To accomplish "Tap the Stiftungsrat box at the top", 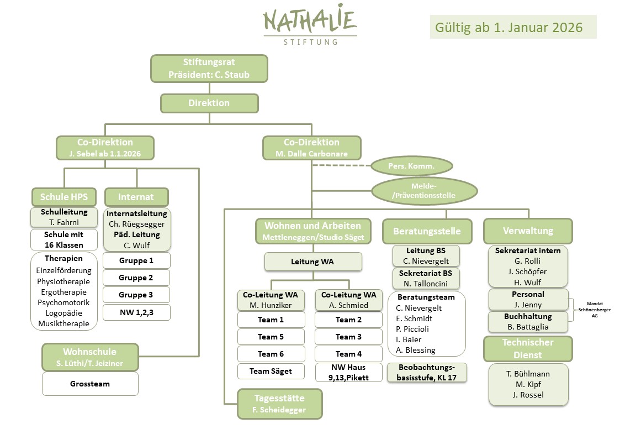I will [209, 69].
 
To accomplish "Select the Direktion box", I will [209, 103].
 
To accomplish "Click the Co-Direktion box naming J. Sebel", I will [105, 148].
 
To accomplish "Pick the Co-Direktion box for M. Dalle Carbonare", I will [312, 148].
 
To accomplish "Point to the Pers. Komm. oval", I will [411, 165].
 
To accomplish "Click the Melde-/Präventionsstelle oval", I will [425, 191].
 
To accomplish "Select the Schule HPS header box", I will [64, 197].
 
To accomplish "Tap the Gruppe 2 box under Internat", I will [136, 278].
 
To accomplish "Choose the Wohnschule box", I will [90, 357].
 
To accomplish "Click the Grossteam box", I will [90, 384].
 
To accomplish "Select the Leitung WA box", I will [313, 262].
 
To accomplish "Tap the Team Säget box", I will [271, 371].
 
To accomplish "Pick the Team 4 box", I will [348, 354].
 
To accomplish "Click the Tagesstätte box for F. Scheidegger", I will [279, 404].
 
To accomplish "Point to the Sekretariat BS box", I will [426, 278].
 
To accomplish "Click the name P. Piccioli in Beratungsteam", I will [412, 329].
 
